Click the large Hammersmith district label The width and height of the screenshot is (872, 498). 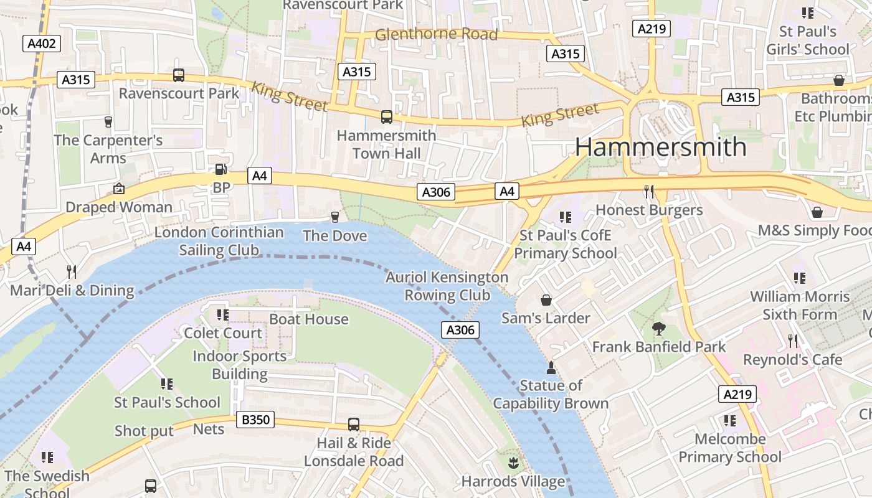[x=660, y=147]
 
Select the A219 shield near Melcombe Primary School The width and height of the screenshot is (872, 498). [x=737, y=394]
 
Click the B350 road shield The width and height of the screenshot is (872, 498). [x=255, y=420]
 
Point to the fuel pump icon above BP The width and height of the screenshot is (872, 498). [x=220, y=169]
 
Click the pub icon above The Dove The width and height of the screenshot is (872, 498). [x=334, y=217]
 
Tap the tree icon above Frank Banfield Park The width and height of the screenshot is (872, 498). [x=658, y=328]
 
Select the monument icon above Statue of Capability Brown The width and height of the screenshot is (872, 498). [x=551, y=367]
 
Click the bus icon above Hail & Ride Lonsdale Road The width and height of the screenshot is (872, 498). [x=353, y=425]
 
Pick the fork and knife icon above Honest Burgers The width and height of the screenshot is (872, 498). [x=649, y=191]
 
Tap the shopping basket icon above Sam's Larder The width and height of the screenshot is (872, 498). [x=546, y=300]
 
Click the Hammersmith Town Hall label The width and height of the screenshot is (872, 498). [x=386, y=144]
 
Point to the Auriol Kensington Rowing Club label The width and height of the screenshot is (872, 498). [x=447, y=286]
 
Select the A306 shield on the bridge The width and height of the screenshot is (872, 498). [x=460, y=331]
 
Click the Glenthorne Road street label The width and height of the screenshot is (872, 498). [x=436, y=34]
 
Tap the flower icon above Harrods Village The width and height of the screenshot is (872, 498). [x=513, y=463]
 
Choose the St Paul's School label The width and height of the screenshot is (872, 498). [x=167, y=402]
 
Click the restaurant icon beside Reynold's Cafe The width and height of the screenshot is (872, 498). [x=793, y=341]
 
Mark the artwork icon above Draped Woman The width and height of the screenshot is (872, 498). [x=118, y=188]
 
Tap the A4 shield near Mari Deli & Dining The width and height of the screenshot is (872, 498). [x=23, y=247]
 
